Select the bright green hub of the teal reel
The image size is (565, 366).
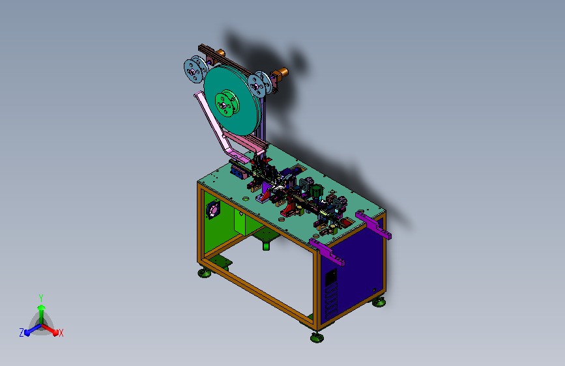tap(227, 104)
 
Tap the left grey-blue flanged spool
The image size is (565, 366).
tap(195, 70)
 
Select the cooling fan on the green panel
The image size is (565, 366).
tap(213, 210)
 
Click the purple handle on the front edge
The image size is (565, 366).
tap(327, 251)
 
